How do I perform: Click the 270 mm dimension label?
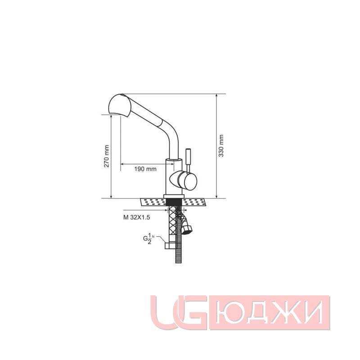[x=106, y=156]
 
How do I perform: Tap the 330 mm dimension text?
[x=221, y=146]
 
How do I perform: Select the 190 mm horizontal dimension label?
[x=145, y=169]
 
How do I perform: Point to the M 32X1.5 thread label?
[x=136, y=217]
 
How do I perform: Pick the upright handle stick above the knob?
[x=189, y=157]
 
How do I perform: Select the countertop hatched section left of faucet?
[x=153, y=202]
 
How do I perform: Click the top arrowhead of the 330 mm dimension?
[x=216, y=96]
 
